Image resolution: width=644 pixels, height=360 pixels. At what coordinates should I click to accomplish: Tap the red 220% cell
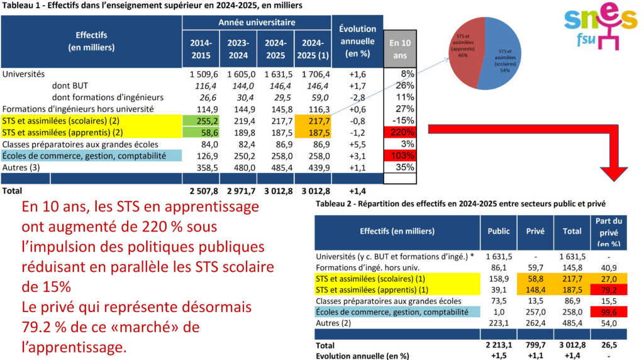coord(400,132)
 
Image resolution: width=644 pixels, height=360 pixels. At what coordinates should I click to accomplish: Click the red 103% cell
coord(400,156)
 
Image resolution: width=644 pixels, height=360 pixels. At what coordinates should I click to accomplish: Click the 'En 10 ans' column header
coord(400,48)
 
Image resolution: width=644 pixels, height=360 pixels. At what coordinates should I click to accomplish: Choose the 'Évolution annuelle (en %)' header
coord(357,41)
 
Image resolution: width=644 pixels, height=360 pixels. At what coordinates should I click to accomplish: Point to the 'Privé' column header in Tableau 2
coord(535,231)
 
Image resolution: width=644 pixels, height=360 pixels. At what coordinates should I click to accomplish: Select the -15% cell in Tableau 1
coord(400,120)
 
